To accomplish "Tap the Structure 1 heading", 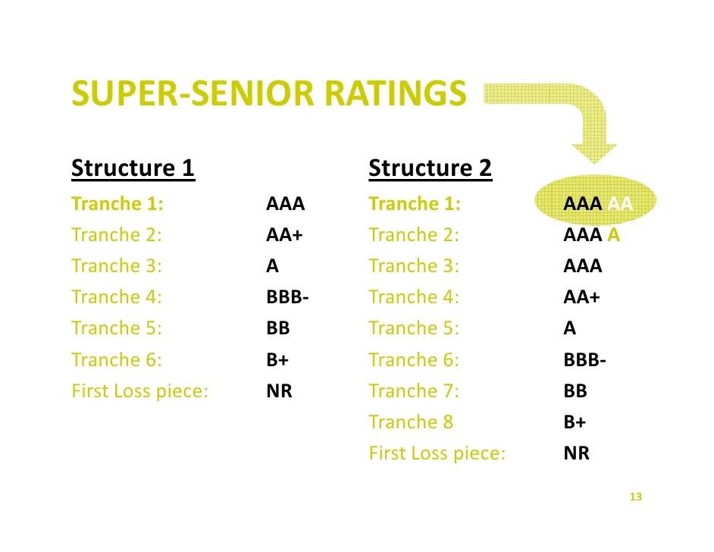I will pos(133,168).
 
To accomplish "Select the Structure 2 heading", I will pos(430,168).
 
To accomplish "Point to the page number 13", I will pos(635,497).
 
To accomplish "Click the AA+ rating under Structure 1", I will pos(284,235).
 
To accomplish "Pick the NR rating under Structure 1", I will pos(279,391).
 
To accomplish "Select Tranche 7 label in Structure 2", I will pos(414,391).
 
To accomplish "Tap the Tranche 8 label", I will pos(411,422).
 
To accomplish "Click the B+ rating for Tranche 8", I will pos(575,422).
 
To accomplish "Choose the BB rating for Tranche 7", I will pos(575,391).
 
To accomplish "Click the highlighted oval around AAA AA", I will pos(594,203).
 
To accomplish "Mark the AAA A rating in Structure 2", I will pos(591,235).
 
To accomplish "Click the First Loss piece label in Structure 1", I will pos(139,391).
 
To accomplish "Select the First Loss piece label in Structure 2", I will pos(437,453).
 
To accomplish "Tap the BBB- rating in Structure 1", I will pos(287,297).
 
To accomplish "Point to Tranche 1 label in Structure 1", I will pos(117,204).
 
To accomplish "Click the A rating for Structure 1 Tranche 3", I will pos(273,266).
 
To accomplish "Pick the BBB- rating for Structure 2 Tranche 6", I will pos(584,360).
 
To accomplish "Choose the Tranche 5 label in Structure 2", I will pos(414,328).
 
